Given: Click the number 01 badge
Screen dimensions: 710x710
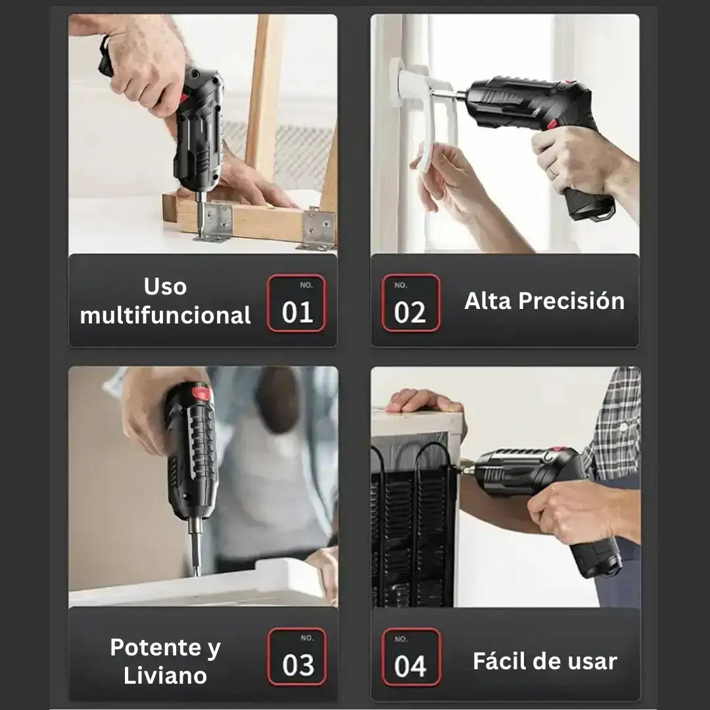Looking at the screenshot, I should tap(296, 304).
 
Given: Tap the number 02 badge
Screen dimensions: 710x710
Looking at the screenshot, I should tap(411, 304).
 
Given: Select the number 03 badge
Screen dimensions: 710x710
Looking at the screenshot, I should tap(297, 657).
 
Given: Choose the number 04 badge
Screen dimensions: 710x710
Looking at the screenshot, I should tap(411, 657).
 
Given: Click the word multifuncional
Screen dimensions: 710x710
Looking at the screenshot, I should tap(165, 315).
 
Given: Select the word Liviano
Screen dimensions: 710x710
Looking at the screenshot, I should tap(165, 676).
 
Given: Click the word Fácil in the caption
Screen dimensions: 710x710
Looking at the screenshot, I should tap(502, 661).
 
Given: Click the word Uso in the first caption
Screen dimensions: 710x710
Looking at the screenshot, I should tap(165, 287).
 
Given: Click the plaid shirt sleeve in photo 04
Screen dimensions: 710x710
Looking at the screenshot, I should tap(615, 421).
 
